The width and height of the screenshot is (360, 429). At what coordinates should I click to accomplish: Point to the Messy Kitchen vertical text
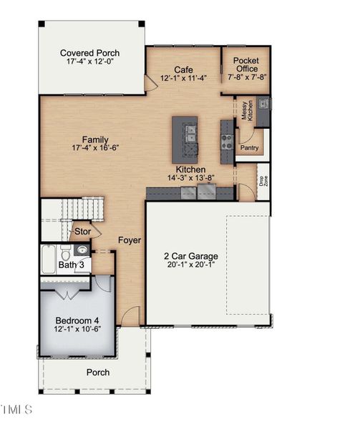click(246, 111)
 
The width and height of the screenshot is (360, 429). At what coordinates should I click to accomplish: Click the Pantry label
click(249, 148)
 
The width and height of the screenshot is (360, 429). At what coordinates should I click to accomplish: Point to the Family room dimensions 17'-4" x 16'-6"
click(95, 148)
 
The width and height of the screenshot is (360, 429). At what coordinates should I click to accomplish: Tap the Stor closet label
click(82, 232)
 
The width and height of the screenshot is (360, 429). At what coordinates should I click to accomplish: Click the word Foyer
click(130, 240)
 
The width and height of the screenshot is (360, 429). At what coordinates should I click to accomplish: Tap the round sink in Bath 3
click(81, 250)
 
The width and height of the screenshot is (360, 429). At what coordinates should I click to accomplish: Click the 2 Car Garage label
click(190, 256)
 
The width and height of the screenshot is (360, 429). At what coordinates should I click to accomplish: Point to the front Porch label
click(98, 372)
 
